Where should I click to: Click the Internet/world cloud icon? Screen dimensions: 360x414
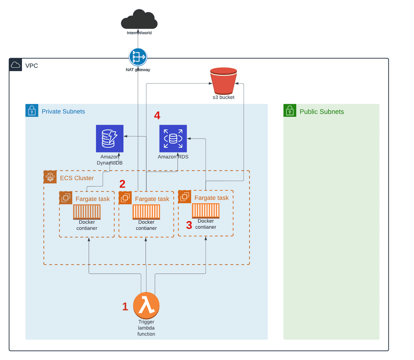pos(139,19)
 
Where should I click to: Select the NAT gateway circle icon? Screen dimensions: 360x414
pos(138,57)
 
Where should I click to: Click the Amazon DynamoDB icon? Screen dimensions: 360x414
pos(110,138)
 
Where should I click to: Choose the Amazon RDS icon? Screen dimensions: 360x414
pos(173,138)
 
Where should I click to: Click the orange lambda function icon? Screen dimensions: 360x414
pos(146,305)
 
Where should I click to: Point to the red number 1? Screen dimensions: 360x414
pos(125,307)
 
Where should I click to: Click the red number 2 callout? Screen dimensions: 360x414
pos(122,184)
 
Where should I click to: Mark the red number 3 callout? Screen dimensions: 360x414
pos(189,225)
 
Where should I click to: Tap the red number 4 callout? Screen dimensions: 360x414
pos(157,116)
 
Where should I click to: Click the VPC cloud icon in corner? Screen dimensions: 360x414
pos(16,65)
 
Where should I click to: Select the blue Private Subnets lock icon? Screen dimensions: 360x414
pos(32,111)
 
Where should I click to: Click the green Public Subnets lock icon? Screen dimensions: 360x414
pos(290,111)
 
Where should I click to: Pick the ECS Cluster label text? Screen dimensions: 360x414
pos(76,178)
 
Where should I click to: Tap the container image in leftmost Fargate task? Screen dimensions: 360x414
pos(87,212)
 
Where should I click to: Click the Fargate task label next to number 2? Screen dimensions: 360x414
pos(152,199)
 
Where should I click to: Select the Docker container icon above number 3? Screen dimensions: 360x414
pos(206,211)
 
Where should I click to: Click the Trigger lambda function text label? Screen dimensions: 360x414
pos(146,328)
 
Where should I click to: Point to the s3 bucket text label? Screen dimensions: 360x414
pos(223,97)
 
